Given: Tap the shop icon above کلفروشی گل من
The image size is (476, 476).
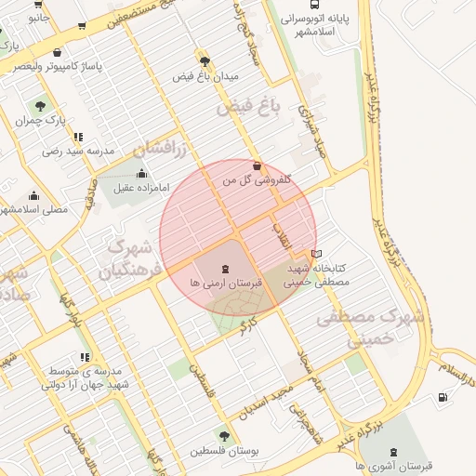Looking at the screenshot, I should [257, 166].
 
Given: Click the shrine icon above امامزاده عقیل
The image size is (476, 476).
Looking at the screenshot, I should [141, 173].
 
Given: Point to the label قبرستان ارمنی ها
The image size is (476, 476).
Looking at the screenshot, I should [227, 281].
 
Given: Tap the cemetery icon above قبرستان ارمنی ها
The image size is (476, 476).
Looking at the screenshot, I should [227, 267].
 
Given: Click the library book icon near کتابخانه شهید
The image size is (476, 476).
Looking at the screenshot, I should [317, 253].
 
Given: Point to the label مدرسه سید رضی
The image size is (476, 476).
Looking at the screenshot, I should [78, 151].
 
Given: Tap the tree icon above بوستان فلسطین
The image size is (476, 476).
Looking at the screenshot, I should [224, 435].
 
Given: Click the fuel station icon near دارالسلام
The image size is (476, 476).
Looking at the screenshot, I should [442, 398].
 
